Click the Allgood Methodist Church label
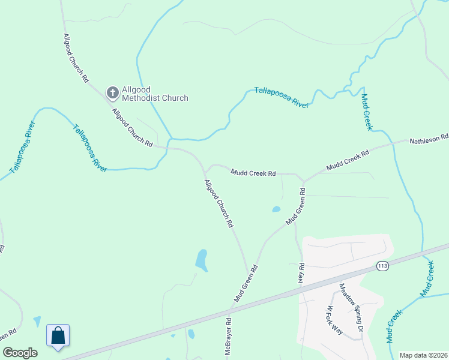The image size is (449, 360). [155, 94]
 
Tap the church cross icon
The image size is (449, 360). [112, 93]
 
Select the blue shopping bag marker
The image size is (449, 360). [58, 335]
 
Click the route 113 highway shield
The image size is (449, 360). [382, 265]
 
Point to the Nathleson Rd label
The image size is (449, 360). [429, 139]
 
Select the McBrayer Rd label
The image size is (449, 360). [228, 343]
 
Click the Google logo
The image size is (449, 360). [20, 353]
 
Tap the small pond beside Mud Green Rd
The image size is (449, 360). [276, 209]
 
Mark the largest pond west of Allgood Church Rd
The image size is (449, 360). [202, 260]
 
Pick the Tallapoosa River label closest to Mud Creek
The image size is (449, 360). [282, 97]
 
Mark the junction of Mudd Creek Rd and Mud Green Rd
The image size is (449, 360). [304, 181]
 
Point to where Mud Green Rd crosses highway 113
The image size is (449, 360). [231, 310]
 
